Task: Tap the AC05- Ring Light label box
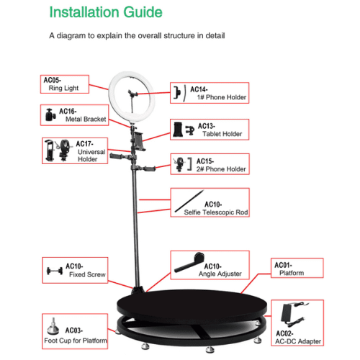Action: (x=64, y=84)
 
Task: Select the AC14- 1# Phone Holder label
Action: (x=209, y=92)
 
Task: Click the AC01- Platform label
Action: (x=295, y=269)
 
